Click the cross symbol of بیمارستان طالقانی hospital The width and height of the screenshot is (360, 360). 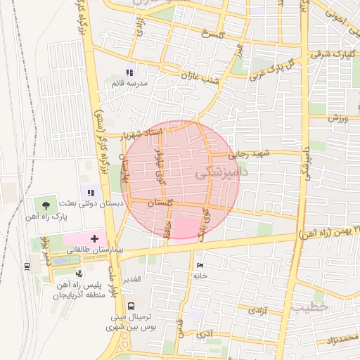click(96, 239)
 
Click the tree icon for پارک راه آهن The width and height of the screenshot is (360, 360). click(46, 205)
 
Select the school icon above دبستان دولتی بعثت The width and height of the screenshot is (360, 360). click(90, 192)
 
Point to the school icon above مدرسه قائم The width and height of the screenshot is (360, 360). click(129, 72)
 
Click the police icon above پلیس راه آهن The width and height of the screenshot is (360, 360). click(79, 273)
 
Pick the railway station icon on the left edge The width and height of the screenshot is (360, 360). click(27, 266)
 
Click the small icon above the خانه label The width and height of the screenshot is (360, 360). click(200, 265)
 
